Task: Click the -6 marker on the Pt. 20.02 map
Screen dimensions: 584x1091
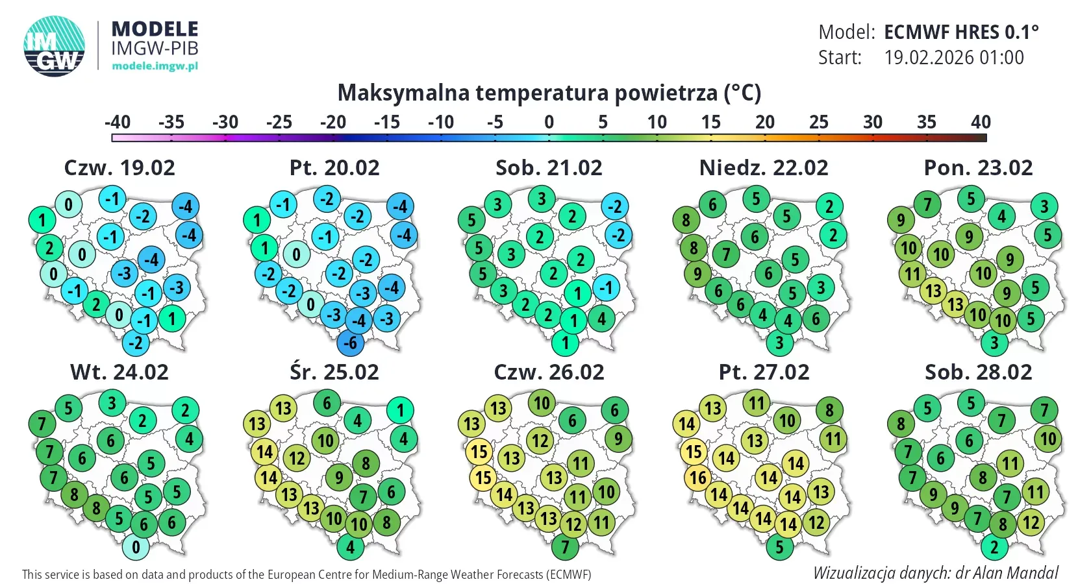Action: pyautogui.click(x=350, y=343)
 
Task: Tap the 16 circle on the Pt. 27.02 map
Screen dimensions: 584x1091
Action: pyautogui.click(x=697, y=478)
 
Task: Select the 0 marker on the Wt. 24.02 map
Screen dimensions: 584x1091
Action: pyautogui.click(x=136, y=547)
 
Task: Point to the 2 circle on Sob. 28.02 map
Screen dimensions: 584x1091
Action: pyautogui.click(x=994, y=547)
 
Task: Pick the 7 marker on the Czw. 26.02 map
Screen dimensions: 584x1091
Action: pyautogui.click(x=565, y=547)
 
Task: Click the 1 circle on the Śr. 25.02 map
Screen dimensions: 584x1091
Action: pyautogui.click(x=400, y=410)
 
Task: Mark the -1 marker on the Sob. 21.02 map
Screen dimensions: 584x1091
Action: pyautogui.click(x=606, y=287)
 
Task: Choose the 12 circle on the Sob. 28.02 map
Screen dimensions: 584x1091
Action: pyautogui.click(x=1031, y=522)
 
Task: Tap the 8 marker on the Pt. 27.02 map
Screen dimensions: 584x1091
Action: pyautogui.click(x=829, y=410)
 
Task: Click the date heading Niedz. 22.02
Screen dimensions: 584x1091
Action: pyautogui.click(x=764, y=168)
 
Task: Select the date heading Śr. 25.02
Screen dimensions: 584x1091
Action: pyautogui.click(x=334, y=372)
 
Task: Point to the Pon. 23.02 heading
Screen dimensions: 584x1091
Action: pyautogui.click(x=978, y=168)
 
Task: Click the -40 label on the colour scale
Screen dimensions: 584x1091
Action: pyautogui.click(x=118, y=122)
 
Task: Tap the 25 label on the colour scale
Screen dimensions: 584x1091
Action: pyautogui.click(x=818, y=122)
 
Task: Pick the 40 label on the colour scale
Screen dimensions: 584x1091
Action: pyautogui.click(x=981, y=122)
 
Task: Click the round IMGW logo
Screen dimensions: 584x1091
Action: pyautogui.click(x=55, y=46)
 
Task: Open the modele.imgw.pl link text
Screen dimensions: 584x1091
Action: pyautogui.click(x=155, y=66)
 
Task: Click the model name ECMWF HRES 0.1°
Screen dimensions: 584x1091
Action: pyautogui.click(x=961, y=32)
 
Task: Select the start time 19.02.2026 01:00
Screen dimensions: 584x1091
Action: pyautogui.click(x=954, y=58)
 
